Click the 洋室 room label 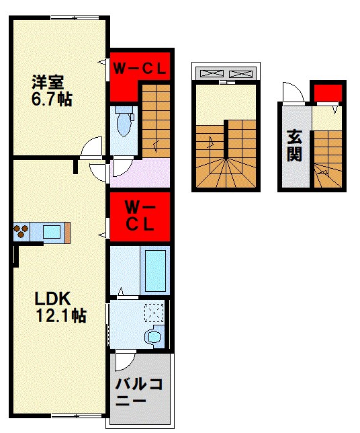[x=48, y=82]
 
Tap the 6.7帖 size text [x=52, y=100]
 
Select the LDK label [x=52, y=299]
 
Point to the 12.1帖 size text [x=61, y=315]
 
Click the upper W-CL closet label [x=140, y=68]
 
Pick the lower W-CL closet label [x=140, y=216]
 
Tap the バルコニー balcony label [x=138, y=392]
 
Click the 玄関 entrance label [x=294, y=145]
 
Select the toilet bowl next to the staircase [x=124, y=122]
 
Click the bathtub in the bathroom [x=155, y=271]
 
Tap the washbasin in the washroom [x=154, y=337]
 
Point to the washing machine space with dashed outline [x=154, y=313]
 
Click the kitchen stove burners [x=21, y=231]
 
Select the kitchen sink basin [x=52, y=232]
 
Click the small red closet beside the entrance [x=328, y=93]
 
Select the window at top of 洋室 [x=75, y=18]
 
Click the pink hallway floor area [x=140, y=173]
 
